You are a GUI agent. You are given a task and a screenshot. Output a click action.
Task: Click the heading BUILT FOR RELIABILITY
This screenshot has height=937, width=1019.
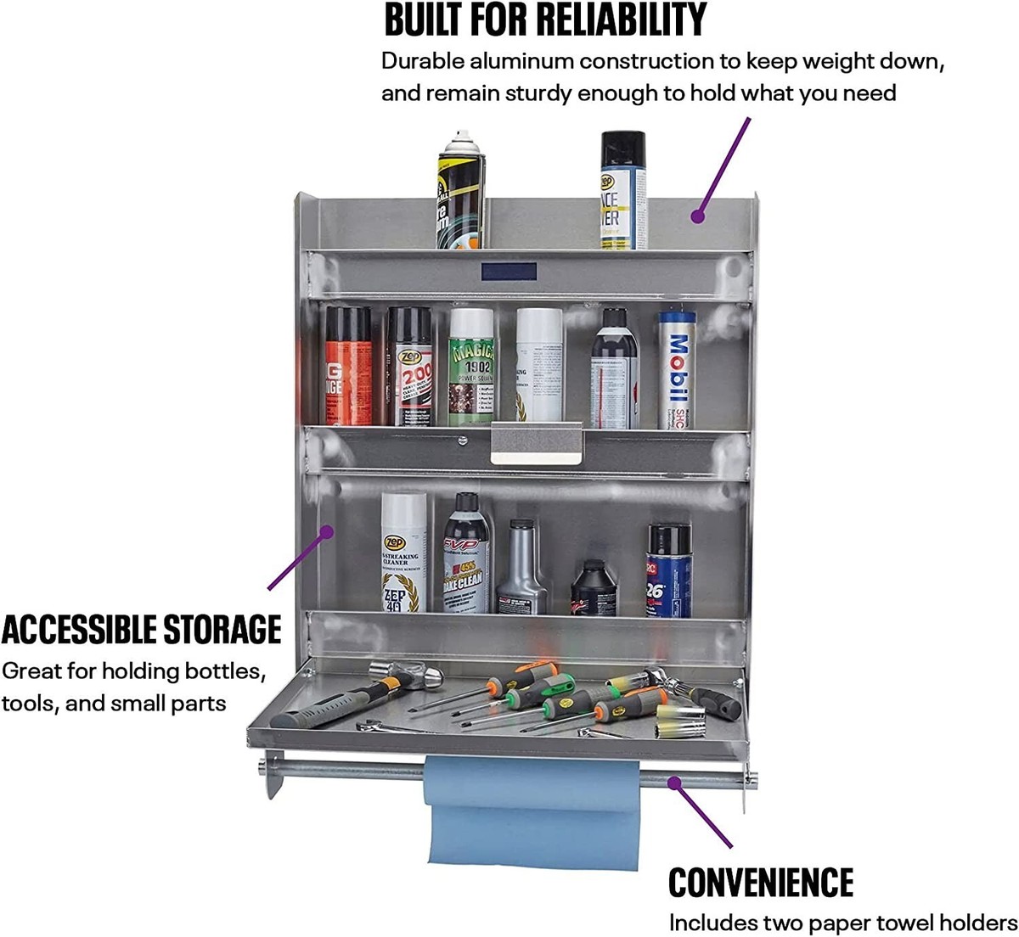pyautogui.click(x=545, y=20)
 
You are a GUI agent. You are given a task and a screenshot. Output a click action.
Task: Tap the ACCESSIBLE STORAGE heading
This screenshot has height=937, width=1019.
pyautogui.click(x=141, y=630)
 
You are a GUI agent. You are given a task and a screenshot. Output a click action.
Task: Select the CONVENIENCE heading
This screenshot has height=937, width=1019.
pyautogui.click(x=760, y=883)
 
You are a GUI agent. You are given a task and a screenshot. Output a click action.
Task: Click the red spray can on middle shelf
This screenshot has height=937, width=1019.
pyautogui.click(x=349, y=366)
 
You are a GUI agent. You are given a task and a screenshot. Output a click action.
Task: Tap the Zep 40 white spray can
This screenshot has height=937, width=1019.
pyautogui.click(x=403, y=553)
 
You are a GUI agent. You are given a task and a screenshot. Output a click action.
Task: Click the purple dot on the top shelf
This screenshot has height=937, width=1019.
pyautogui.click(x=697, y=216)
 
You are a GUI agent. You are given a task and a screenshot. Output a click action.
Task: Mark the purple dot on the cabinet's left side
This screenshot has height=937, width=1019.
pyautogui.click(x=325, y=532)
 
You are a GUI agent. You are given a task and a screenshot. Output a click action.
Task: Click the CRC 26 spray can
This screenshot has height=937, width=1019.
pyautogui.click(x=669, y=570)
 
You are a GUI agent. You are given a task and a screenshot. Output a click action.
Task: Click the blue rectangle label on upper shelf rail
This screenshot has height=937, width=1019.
pyautogui.click(x=509, y=272)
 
